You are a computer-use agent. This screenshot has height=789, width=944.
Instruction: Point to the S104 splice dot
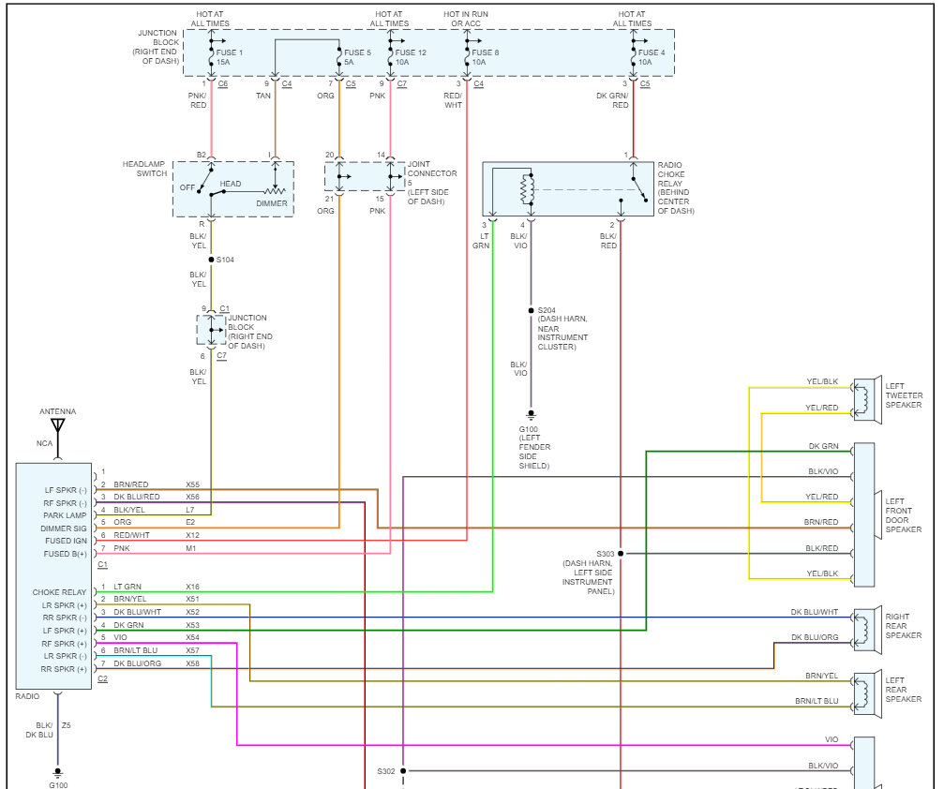click(x=211, y=259)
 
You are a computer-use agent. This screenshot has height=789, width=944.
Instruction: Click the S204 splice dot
click(x=531, y=309)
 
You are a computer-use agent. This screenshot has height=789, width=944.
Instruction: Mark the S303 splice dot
click(x=621, y=554)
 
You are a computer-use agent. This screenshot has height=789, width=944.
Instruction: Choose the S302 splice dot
click(x=403, y=771)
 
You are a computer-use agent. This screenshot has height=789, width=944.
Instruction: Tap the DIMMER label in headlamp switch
click(x=271, y=203)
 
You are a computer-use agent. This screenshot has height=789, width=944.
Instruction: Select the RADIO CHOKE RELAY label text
click(x=675, y=187)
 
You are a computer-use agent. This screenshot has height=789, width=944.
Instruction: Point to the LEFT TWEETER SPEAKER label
click(x=904, y=394)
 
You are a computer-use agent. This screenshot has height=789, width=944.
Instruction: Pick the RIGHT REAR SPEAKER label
click(x=904, y=626)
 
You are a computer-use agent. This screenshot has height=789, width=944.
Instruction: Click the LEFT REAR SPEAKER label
click(x=904, y=690)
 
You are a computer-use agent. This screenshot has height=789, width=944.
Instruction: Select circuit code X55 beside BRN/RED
click(x=192, y=484)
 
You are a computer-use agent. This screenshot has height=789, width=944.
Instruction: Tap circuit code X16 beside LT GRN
click(x=192, y=587)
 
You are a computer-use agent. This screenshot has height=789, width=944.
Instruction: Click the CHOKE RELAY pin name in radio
click(x=59, y=592)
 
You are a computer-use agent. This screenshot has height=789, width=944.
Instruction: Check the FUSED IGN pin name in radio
click(x=66, y=541)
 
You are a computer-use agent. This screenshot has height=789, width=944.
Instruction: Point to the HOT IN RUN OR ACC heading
click(x=466, y=19)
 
